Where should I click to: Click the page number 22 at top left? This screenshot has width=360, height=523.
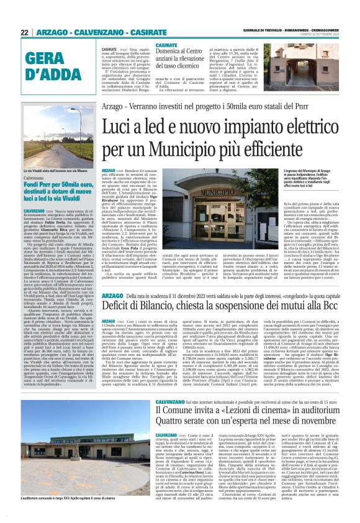click(x=25, y=32)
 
